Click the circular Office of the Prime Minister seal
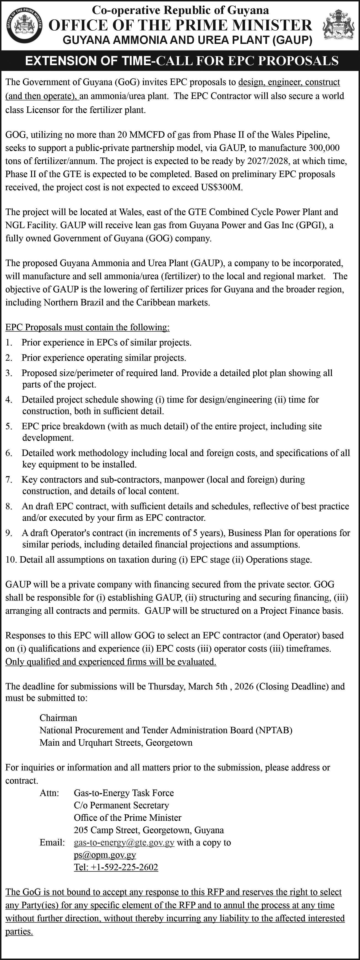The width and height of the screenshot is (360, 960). (x=25, y=25)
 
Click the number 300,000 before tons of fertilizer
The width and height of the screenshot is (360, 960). (x=324, y=148)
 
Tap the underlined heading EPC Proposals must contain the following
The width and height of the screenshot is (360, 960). (x=87, y=327)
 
